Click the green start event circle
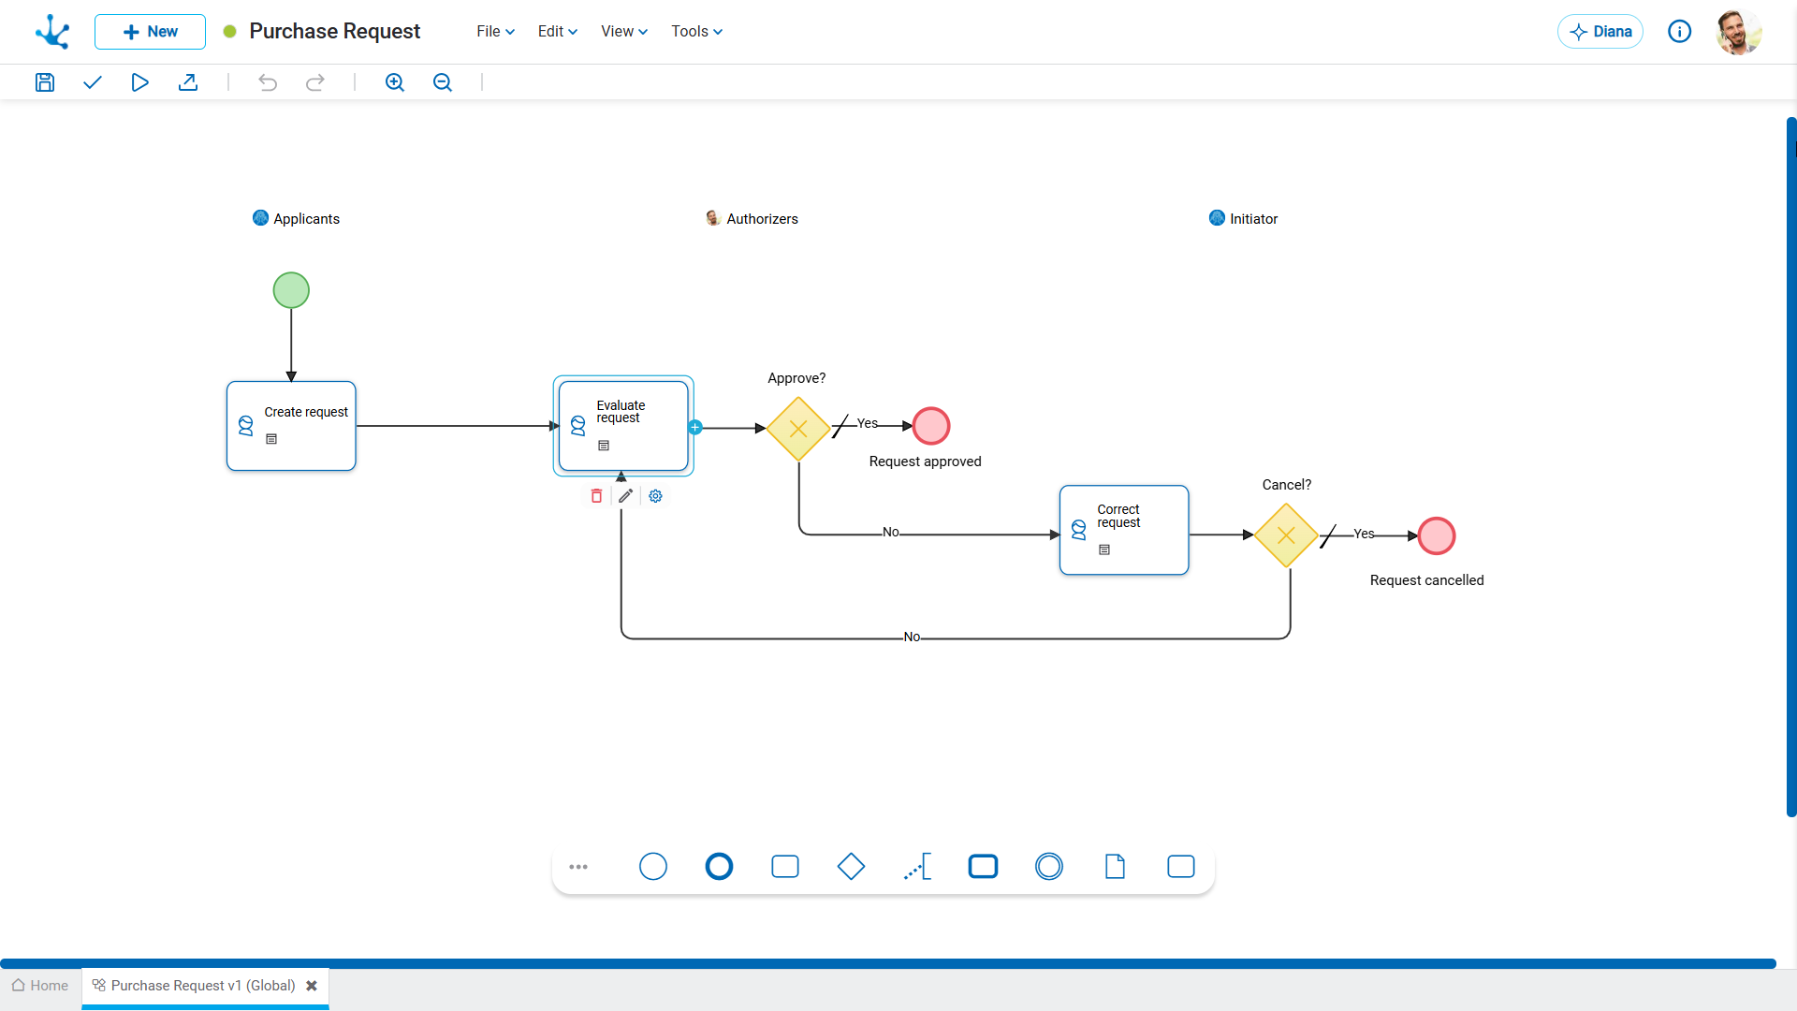click(x=291, y=290)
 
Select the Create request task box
click(x=291, y=426)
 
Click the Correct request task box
click(x=1124, y=530)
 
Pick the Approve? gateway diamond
click(x=798, y=429)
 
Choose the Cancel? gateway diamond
click(x=1286, y=535)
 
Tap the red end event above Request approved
click(x=931, y=426)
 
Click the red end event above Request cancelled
click(x=1437, y=535)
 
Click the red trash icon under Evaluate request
click(x=596, y=496)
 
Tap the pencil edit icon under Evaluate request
click(x=626, y=496)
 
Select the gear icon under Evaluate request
click(x=656, y=496)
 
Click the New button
click(x=150, y=32)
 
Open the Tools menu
click(x=697, y=32)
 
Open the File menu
click(x=496, y=32)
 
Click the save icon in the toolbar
click(x=45, y=82)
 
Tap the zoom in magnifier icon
click(x=395, y=82)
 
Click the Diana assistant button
click(x=1600, y=32)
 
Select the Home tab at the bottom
click(x=40, y=986)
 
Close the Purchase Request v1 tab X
click(x=312, y=986)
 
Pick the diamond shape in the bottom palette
click(x=851, y=867)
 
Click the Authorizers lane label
click(x=762, y=219)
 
